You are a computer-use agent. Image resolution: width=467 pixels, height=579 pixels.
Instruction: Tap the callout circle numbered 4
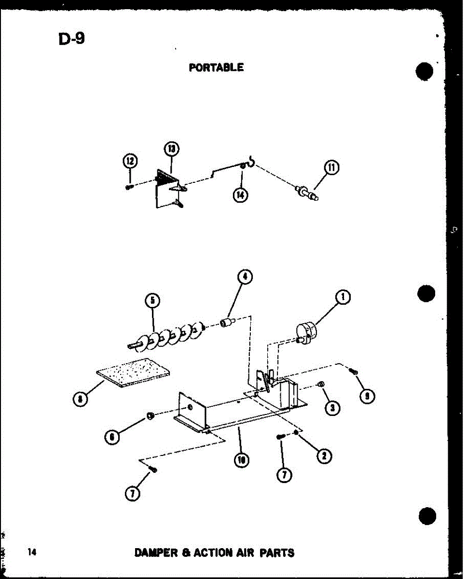pos(245,277)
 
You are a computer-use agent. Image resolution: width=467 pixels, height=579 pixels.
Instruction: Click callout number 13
pos(171,149)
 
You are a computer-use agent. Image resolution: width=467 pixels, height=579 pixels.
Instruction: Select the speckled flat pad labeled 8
pos(134,374)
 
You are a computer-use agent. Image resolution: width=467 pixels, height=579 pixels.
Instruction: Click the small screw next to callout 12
pos(129,187)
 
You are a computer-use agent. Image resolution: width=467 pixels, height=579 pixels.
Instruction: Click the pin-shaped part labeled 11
pos(307,193)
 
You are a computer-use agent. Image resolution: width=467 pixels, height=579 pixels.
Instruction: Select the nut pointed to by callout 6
pos(151,415)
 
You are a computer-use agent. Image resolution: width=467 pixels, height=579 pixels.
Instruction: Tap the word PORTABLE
pos(216,68)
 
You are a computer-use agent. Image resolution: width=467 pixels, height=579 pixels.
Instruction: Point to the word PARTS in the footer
pos(277,552)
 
